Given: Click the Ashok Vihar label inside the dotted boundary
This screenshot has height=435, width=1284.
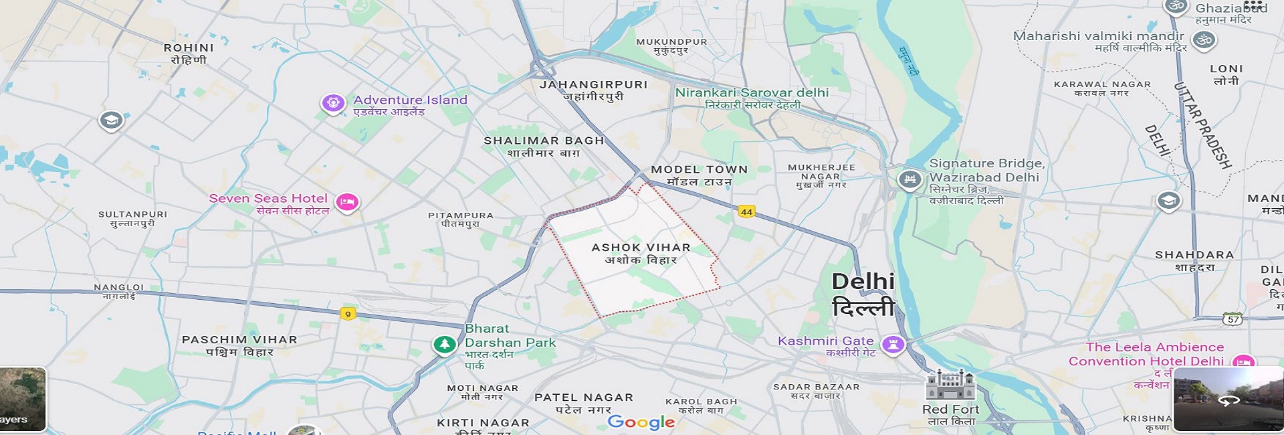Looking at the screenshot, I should pyautogui.click(x=641, y=253).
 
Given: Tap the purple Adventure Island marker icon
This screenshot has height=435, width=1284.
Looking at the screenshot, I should pyautogui.click(x=332, y=103).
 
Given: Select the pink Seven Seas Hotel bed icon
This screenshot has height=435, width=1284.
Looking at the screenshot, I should pyautogui.click(x=346, y=201).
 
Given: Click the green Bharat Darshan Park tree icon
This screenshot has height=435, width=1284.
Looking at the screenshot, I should pyautogui.click(x=444, y=345).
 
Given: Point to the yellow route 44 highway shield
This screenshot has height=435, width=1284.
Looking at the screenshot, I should pyautogui.click(x=746, y=211).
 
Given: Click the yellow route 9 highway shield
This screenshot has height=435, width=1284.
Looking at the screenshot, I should pyautogui.click(x=347, y=313).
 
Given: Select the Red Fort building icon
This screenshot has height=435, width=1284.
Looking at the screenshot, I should pyautogui.click(x=950, y=385).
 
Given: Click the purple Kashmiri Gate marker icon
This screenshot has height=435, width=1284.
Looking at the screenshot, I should pyautogui.click(x=893, y=345).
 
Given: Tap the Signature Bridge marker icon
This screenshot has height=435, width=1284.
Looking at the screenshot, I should pyautogui.click(x=909, y=179).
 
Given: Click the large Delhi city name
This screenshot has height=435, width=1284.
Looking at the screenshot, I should pyautogui.click(x=863, y=293).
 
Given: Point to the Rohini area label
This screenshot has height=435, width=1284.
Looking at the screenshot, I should pyautogui.click(x=189, y=54).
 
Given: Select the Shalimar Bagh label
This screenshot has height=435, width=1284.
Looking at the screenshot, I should pyautogui.click(x=544, y=147).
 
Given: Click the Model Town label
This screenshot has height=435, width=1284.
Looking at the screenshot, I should pyautogui.click(x=699, y=175).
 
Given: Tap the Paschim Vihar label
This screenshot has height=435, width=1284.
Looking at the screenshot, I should pyautogui.click(x=239, y=345).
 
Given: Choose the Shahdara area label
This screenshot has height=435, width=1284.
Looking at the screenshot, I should pyautogui.click(x=1194, y=260).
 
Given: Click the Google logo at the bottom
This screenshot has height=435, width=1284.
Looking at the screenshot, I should pyautogui.click(x=641, y=422).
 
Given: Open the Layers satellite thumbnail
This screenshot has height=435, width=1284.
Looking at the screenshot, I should pyautogui.click(x=22, y=399).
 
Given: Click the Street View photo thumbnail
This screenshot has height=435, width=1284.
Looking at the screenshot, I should pyautogui.click(x=1228, y=399).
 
